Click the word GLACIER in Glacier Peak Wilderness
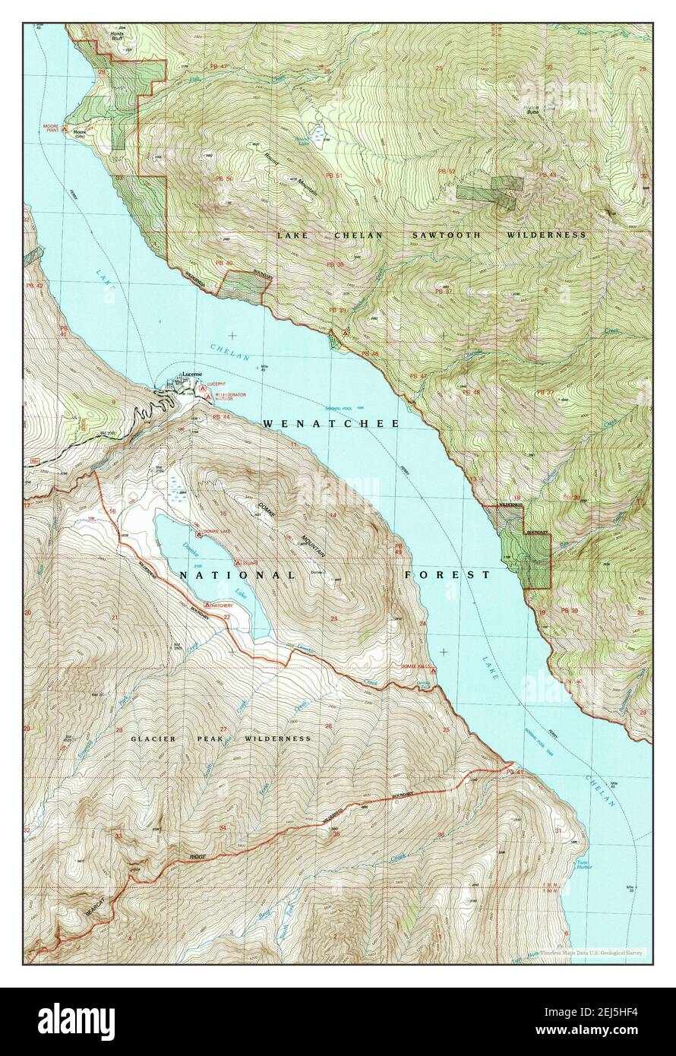pos(153,738)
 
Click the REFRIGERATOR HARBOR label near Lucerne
pos(230,398)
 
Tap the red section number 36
pos(441,835)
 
